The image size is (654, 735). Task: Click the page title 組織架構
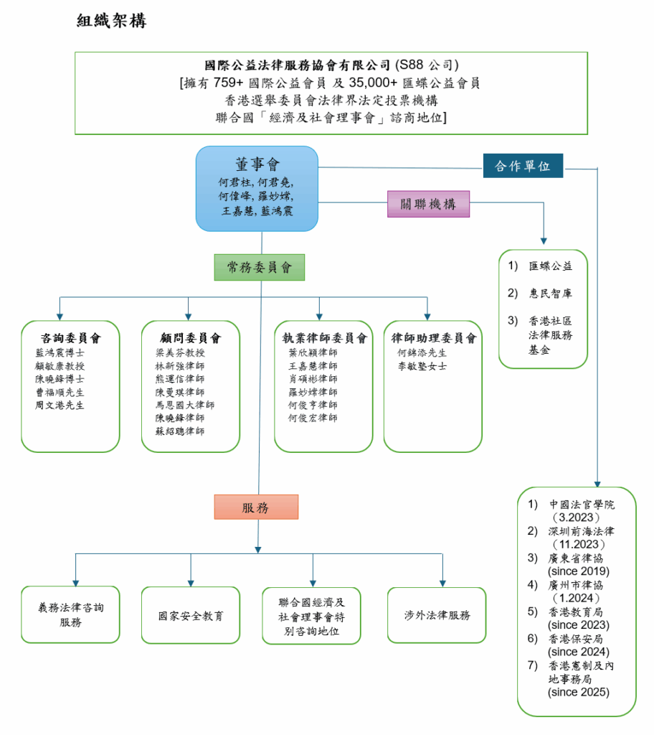point(111,21)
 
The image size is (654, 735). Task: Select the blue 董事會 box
point(257,189)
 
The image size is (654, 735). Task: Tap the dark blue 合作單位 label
point(523,166)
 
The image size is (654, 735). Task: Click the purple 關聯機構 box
point(428,204)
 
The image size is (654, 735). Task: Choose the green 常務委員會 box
point(259,267)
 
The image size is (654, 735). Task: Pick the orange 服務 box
point(255,507)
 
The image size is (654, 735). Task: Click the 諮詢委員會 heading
point(70,338)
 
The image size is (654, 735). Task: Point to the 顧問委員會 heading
point(191,338)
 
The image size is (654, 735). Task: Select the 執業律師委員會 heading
point(324,338)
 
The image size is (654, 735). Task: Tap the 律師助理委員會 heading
point(433,338)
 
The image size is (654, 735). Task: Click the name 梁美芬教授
point(180,353)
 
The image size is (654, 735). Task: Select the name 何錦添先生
point(422,353)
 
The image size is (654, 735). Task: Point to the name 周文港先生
point(60,406)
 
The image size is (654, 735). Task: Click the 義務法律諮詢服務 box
point(70,614)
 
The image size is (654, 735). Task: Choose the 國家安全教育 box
point(191,616)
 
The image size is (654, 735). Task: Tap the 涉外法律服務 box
point(437,615)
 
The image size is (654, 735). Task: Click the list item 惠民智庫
point(551,294)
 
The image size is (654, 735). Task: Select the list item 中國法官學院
point(582,505)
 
